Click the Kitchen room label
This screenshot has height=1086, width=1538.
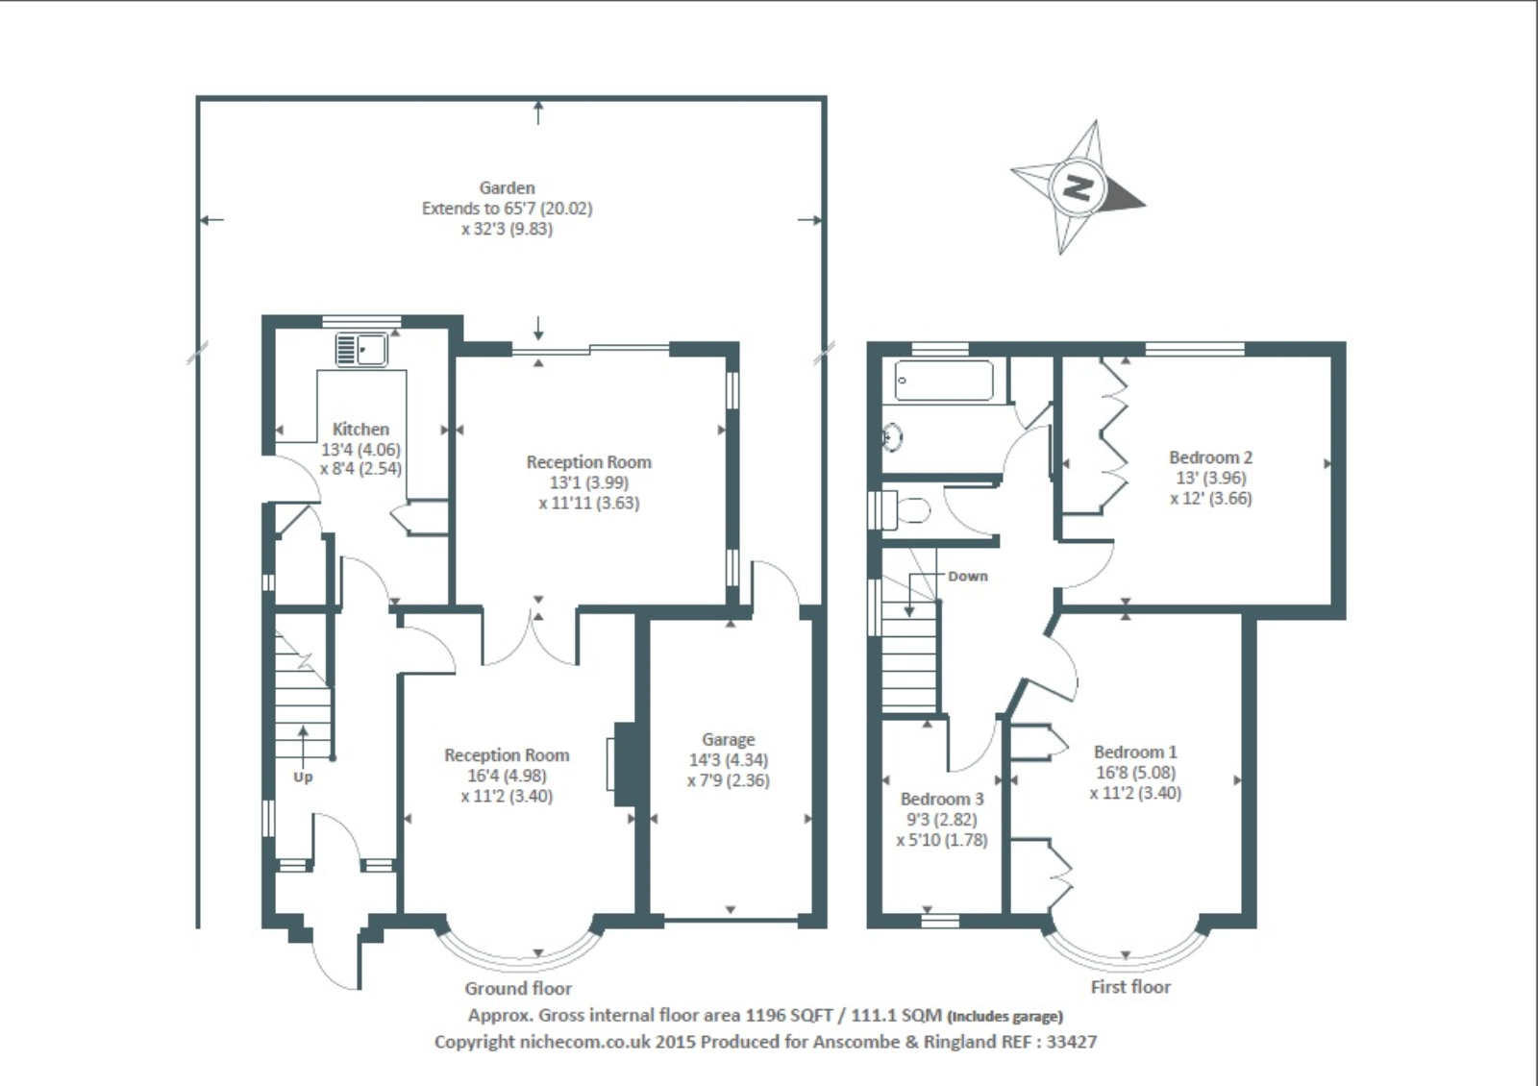(x=360, y=429)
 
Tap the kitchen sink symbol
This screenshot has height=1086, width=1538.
(x=361, y=350)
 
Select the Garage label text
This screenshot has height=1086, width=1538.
(x=728, y=740)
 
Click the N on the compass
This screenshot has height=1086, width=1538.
(x=1077, y=187)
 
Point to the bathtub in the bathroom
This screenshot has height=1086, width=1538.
(x=943, y=381)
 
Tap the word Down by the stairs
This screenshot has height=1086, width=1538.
(x=967, y=577)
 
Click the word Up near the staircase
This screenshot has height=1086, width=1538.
(x=303, y=777)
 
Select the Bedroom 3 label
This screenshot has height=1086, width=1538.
(x=942, y=799)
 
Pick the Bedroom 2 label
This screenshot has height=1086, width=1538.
(x=1210, y=457)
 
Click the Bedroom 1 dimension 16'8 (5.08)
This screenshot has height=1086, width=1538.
(x=1135, y=773)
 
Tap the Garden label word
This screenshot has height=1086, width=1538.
(x=507, y=188)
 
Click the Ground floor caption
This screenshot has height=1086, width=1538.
(x=518, y=989)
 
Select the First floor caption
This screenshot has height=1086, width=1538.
(x=1130, y=987)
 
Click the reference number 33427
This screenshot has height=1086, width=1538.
(x=1072, y=1042)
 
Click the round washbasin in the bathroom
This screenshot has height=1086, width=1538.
(x=892, y=437)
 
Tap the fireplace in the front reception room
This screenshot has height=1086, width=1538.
(x=623, y=764)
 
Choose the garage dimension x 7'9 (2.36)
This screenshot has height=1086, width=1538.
(x=728, y=780)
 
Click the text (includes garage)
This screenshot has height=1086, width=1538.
(x=1005, y=1017)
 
